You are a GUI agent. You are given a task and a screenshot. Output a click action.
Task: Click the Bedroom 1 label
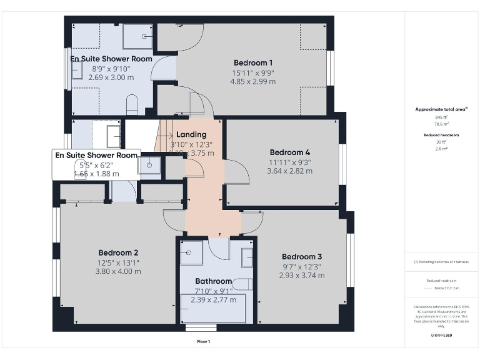coord(253,62)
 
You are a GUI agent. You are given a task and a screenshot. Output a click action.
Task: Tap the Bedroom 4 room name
coord(289,152)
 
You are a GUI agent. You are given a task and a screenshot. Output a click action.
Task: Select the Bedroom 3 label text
coord(302,256)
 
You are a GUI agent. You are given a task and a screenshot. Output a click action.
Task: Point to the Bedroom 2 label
coord(118,252)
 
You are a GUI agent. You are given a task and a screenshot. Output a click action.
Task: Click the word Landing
coord(191,134)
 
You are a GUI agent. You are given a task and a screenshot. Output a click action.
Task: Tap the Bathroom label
coord(213,281)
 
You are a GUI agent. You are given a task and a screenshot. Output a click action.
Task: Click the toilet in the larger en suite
coord(132,104)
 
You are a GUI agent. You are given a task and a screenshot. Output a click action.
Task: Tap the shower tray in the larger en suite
coord(137,36)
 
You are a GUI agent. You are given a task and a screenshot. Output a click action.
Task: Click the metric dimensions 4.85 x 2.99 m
coord(252,81)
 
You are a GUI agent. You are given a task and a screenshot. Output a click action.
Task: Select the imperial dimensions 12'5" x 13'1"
coord(117,262)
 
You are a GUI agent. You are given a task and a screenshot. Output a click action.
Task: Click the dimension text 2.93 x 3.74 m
coord(302,275)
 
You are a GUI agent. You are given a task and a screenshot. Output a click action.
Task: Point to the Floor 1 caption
coord(204,341)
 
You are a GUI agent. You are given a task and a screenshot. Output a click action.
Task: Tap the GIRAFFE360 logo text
coord(441,336)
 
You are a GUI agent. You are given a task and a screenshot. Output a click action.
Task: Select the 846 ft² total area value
coord(441,117)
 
